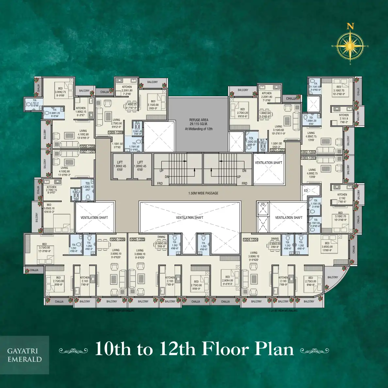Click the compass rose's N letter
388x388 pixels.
coord(350,26)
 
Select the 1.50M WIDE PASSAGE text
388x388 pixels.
coord(203,193)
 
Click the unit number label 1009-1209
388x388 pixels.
coord(116,133)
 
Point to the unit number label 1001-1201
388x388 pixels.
coord(277,150)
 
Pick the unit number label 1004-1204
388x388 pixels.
coord(251,240)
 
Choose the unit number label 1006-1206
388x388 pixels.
coord(118,239)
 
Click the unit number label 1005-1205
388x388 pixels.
coord(137,239)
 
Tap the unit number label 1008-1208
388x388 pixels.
coord(88,147)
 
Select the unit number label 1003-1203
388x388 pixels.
coord(308,158)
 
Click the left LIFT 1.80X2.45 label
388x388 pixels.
coord(120,166)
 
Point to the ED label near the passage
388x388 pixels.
coord(306,191)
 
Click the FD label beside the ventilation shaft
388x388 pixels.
coord(263,205)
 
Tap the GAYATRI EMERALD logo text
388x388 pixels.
coord(24,355)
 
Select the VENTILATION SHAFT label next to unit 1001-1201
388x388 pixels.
coord(268,163)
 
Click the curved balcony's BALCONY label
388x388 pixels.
coord(333,277)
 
